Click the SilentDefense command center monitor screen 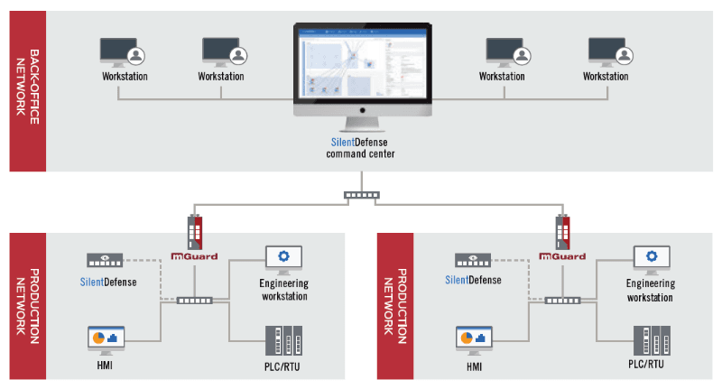(361, 62)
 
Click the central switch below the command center (362, 194)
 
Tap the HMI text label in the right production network (474, 366)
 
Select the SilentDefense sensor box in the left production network (105, 259)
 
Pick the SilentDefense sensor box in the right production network (473, 259)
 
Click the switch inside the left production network (195, 300)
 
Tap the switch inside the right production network (562, 300)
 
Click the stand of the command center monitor (361, 125)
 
